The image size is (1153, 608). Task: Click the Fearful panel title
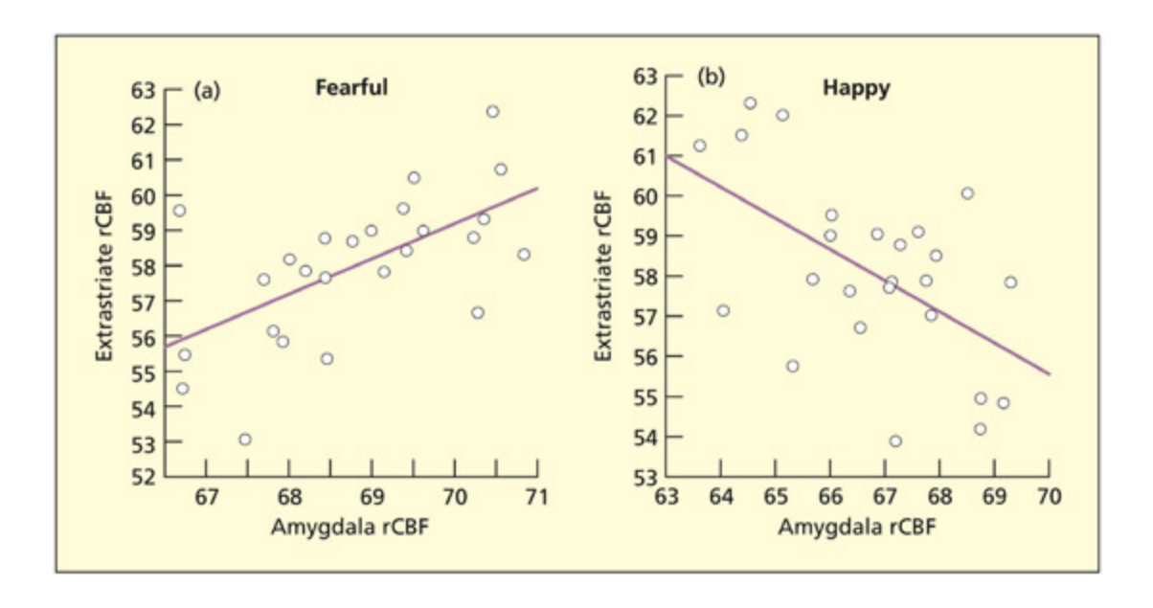click(x=351, y=88)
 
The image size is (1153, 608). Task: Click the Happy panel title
click(x=856, y=89)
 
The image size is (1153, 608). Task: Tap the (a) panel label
click(x=207, y=91)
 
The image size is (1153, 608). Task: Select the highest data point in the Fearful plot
click(x=492, y=111)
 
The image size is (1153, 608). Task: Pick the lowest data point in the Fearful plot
click(x=245, y=439)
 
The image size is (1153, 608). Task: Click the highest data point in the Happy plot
click(x=750, y=103)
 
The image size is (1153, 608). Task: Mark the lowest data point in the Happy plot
click(x=895, y=441)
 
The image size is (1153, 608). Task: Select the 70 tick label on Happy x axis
click(x=1049, y=498)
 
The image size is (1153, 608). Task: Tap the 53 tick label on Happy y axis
click(x=647, y=477)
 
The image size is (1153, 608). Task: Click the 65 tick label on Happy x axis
click(x=776, y=498)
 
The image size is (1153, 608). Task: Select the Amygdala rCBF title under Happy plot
click(x=857, y=527)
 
